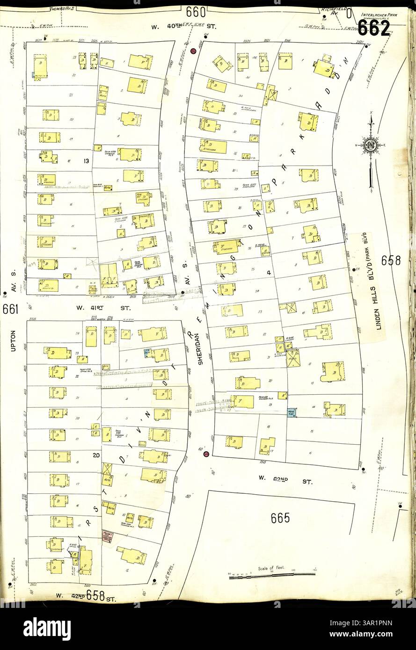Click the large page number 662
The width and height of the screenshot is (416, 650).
pos(374,28)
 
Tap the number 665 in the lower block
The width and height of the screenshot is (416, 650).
pos(280,518)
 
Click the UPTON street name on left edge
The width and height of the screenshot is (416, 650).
pos(13,341)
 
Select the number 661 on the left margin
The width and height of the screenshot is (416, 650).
pos(10,309)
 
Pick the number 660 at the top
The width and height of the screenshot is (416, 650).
pos(195,11)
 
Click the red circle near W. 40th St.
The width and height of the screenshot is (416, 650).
pos(193,51)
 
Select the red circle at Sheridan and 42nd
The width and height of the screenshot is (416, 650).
pos(206,454)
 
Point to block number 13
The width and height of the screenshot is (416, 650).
pos(86,161)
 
